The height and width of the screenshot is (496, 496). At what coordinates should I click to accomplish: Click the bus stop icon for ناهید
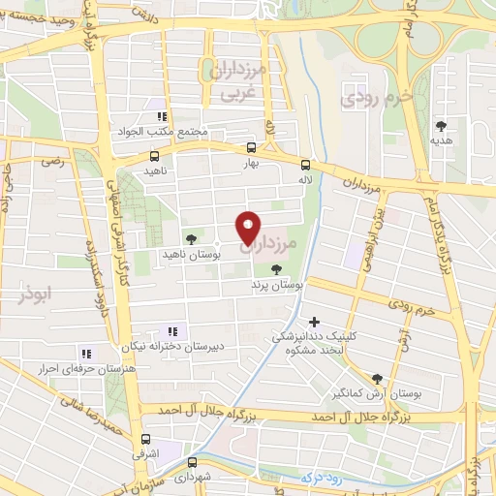(x=155, y=155)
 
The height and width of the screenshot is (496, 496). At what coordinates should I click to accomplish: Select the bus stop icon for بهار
(x=252, y=148)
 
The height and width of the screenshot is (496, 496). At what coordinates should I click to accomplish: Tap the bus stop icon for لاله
(x=305, y=165)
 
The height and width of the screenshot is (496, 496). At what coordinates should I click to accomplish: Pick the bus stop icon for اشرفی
(x=145, y=439)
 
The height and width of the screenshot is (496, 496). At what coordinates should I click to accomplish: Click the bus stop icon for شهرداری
(x=193, y=462)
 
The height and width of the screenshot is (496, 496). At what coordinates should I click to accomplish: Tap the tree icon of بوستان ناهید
(x=190, y=236)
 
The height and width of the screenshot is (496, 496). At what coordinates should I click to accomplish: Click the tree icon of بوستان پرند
(x=278, y=270)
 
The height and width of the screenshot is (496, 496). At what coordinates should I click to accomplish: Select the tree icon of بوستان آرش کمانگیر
(x=376, y=379)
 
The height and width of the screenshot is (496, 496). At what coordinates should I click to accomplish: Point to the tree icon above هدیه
(x=442, y=125)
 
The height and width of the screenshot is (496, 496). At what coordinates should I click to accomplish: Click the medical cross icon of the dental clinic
(x=313, y=321)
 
